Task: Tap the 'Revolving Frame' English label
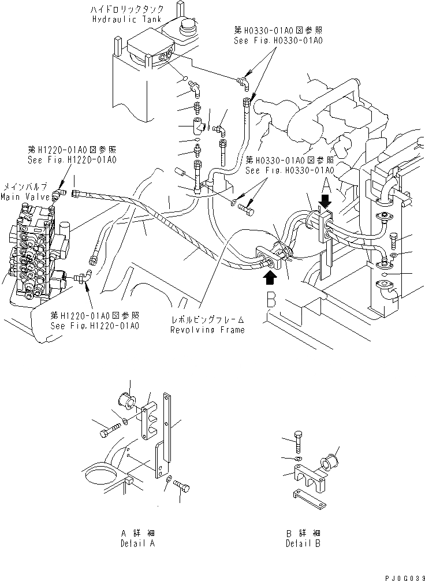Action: [207, 330]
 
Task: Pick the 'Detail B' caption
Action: [303, 543]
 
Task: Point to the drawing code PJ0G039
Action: [402, 574]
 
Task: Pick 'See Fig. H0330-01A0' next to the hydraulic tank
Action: [278, 41]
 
